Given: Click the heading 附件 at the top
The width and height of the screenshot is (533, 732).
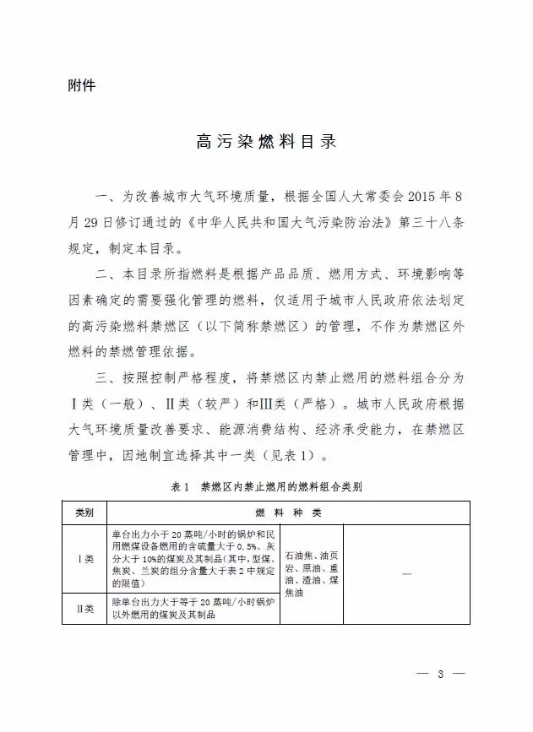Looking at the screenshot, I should pyautogui.click(x=81, y=86).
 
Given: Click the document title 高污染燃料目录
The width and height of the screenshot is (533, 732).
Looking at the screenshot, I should pyautogui.click(x=266, y=141).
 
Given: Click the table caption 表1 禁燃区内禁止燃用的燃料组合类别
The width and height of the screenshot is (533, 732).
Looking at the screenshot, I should pyautogui.click(x=267, y=487).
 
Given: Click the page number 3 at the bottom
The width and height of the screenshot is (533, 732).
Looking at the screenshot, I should pyautogui.click(x=441, y=674).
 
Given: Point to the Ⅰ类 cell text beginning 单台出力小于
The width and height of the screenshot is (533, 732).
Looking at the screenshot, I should pyautogui.click(x=193, y=558).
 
